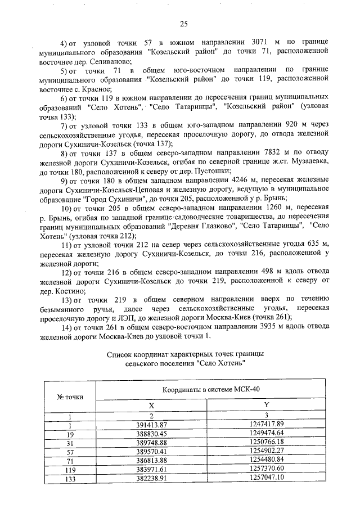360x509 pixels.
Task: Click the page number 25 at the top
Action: pos(183,23)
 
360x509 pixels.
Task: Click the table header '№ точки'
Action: pos(70,397)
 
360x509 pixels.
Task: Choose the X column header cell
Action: pos(151,405)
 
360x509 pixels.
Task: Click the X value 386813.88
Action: pos(152,459)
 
